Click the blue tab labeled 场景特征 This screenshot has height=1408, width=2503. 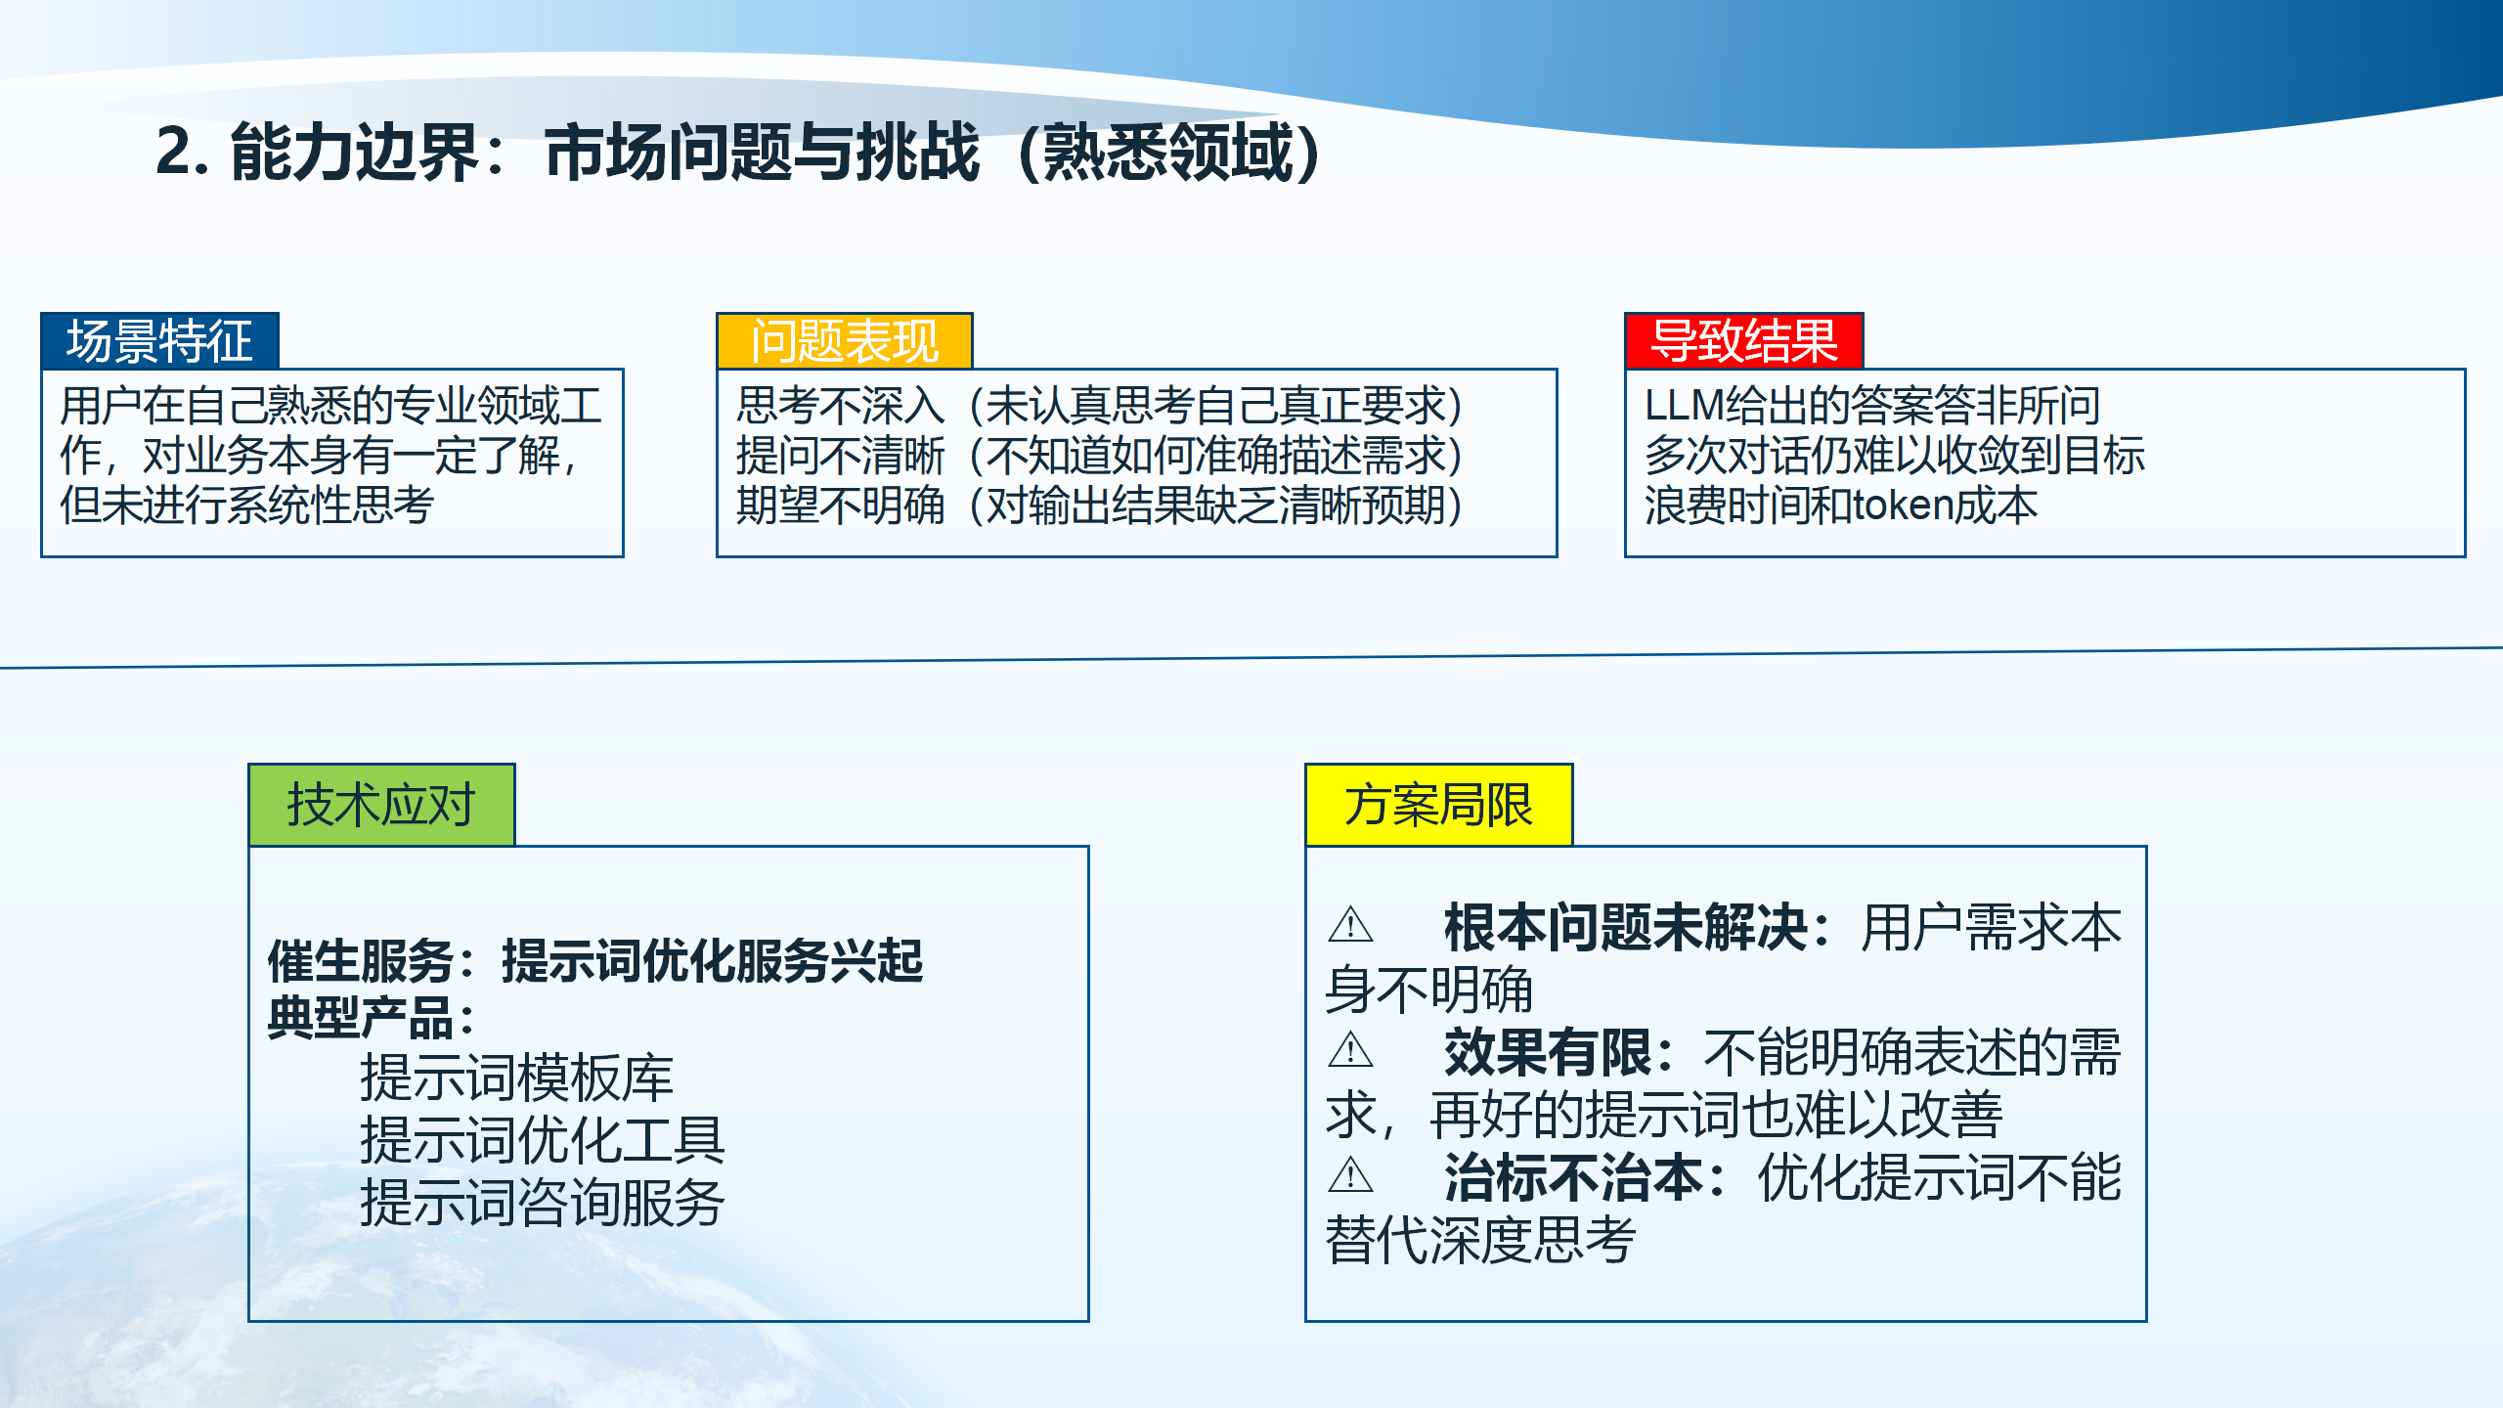[159, 341]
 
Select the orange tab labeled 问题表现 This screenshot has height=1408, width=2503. [844, 341]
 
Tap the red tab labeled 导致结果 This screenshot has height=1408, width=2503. [1743, 341]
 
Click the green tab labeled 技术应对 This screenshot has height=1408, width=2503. [381, 805]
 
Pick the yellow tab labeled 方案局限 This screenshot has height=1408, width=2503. [1438, 805]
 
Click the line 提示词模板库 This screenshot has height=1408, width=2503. [516, 1078]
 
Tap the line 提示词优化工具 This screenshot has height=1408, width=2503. [542, 1140]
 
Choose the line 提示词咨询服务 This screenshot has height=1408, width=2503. [542, 1203]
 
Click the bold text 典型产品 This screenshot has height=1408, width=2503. [360, 1018]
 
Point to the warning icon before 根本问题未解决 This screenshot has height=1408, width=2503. [1351, 924]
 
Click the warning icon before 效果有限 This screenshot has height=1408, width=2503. [1351, 1050]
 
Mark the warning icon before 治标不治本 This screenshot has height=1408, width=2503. [1351, 1174]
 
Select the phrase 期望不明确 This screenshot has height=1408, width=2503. [841, 506]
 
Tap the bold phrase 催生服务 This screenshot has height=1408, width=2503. [360, 961]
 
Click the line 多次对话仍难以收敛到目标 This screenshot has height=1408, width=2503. [1894, 456]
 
